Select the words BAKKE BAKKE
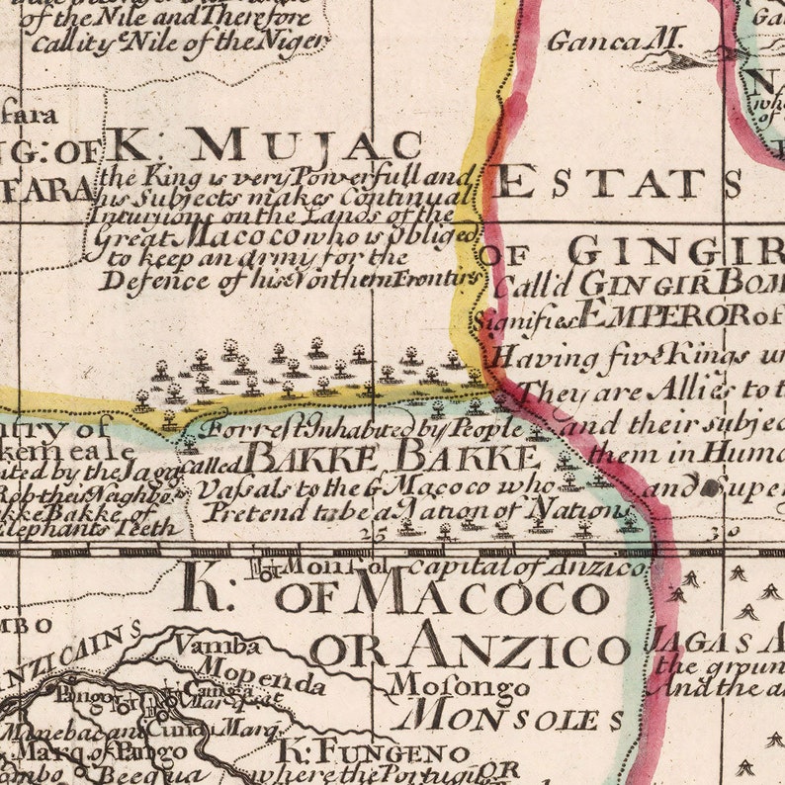392,458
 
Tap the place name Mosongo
431,685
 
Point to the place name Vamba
218,647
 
